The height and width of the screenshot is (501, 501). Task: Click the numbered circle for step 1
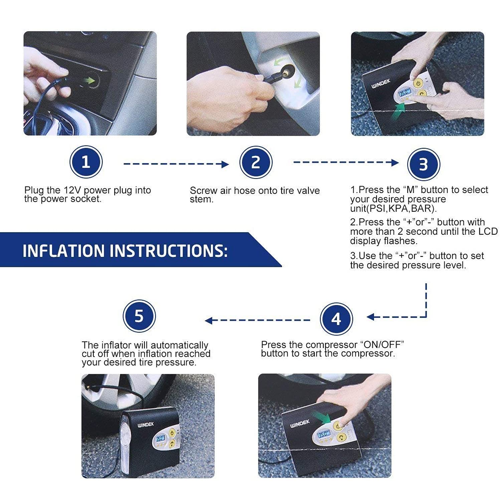[86, 162]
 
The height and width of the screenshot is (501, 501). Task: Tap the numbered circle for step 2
[256, 162]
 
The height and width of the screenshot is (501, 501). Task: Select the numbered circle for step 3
[424, 164]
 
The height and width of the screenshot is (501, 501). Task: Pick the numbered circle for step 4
[336, 319]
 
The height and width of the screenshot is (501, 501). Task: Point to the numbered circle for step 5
[139, 316]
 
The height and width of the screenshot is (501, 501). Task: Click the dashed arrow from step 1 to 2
[176, 164]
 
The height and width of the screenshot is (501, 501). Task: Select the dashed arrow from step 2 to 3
[346, 163]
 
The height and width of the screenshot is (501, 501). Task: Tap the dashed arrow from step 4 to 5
[258, 321]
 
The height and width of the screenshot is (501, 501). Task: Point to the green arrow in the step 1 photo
[89, 80]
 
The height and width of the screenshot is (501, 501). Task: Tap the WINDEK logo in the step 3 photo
[381, 83]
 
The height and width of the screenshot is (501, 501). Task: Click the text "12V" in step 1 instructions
[72, 190]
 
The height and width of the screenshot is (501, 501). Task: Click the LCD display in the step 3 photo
[404, 93]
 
